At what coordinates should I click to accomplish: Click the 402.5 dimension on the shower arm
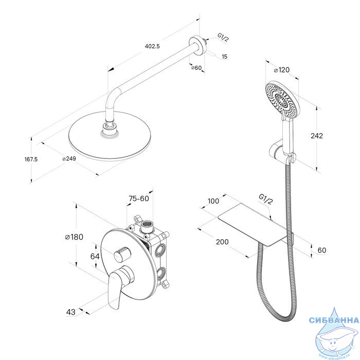coord(152,46)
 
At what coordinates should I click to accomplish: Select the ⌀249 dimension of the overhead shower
coord(69,158)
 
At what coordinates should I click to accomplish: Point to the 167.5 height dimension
coord(31,159)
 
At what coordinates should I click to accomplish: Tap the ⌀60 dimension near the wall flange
coord(196,68)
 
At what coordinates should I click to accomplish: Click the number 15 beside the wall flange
coord(225,56)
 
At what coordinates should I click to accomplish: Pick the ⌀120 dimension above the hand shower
coord(282,70)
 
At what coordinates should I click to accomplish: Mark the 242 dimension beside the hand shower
coord(317,136)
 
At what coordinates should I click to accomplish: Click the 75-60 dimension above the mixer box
coord(139,199)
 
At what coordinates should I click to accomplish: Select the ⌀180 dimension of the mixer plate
coord(74,237)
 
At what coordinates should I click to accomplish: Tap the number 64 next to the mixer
coord(95,256)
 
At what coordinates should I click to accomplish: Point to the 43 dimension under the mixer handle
coord(71,312)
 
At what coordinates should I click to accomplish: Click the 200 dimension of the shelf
coord(222,242)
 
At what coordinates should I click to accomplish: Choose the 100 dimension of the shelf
coord(213,201)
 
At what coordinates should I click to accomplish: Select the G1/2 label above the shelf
coord(266,200)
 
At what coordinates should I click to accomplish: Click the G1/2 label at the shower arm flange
coord(223,38)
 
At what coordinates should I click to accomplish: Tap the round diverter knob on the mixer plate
coord(122,254)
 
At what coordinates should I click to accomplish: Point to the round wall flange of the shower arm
coord(196,45)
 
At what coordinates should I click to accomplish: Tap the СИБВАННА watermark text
coord(334,320)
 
